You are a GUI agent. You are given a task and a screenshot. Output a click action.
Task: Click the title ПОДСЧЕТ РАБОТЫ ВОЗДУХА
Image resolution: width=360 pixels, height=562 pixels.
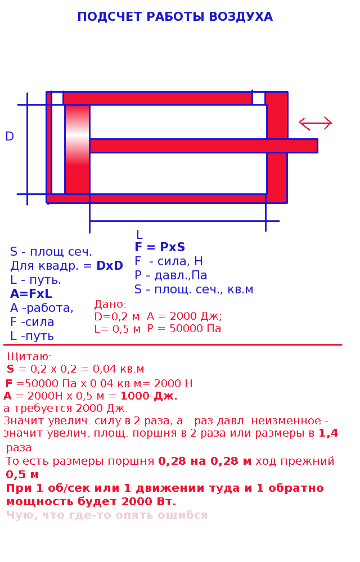[175, 17]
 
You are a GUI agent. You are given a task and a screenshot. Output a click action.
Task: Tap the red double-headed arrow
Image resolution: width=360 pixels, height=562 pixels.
[316, 123]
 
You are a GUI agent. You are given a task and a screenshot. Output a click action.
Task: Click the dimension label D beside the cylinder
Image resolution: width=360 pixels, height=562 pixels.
[10, 136]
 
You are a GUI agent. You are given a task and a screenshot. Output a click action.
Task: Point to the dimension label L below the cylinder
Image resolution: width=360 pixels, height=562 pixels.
[139, 235]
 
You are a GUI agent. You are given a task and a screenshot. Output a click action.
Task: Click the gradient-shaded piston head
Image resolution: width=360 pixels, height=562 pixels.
[78, 149]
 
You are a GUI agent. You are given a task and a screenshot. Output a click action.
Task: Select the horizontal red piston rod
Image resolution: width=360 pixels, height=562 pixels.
[204, 146]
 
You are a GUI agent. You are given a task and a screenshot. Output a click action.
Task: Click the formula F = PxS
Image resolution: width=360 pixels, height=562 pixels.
[160, 247]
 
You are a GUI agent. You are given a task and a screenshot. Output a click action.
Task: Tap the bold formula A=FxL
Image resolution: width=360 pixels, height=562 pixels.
[31, 294]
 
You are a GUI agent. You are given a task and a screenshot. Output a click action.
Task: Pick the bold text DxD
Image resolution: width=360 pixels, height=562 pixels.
[110, 266]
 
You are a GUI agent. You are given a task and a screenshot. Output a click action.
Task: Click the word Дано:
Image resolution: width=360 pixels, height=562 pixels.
[110, 305]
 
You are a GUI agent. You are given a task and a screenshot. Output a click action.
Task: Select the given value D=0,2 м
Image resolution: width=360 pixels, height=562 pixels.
[117, 316]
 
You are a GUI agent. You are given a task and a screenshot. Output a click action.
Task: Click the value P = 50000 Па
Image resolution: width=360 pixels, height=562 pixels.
[184, 328]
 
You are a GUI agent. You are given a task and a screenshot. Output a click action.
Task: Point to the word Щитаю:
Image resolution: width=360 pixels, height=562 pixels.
[29, 357]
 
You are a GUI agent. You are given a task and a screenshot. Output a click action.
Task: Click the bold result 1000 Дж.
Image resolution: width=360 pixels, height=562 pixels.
[149, 396]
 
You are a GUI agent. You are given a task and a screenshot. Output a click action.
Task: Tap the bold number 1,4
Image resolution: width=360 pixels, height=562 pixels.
[328, 433]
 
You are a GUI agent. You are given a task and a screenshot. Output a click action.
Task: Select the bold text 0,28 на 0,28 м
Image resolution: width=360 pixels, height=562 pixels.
[205, 461]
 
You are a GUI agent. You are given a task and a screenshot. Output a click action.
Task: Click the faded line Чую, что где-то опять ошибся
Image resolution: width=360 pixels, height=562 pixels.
[107, 515]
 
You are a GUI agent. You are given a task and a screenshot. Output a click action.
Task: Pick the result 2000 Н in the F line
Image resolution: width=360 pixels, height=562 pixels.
[174, 383]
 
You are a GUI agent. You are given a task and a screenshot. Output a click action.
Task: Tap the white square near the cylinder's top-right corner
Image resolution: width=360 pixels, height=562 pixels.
[259, 98]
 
